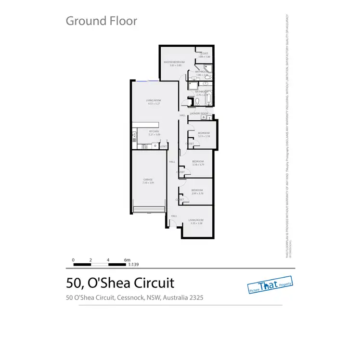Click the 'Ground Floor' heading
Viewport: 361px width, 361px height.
101,21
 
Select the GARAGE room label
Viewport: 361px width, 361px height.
147,180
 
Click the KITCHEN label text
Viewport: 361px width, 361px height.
154,131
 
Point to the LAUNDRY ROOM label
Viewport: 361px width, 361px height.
199,114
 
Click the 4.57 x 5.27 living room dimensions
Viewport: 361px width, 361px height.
153,103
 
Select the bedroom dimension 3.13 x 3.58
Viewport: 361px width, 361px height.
204,136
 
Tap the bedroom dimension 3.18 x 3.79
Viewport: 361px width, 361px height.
198,165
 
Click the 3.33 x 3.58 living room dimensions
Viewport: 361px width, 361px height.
196,223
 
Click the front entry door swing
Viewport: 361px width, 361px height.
171,223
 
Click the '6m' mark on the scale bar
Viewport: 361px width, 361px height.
127,259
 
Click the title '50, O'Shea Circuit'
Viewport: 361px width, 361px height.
119,283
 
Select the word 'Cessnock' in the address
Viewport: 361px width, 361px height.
130,297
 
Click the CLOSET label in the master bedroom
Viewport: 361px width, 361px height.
204,53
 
